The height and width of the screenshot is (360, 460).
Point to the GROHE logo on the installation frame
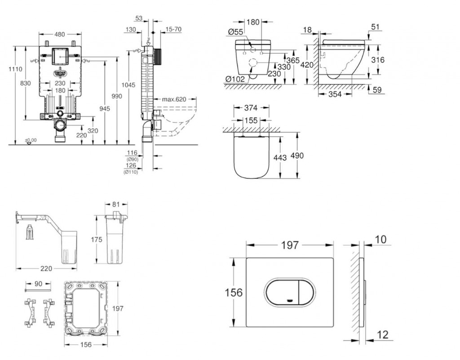[60, 72]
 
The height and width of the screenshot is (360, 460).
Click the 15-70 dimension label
[173, 30]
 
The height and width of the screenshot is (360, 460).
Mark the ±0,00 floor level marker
[31, 141]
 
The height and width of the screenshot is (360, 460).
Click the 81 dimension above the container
[115, 205]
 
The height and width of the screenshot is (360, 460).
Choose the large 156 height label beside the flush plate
[233, 293]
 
